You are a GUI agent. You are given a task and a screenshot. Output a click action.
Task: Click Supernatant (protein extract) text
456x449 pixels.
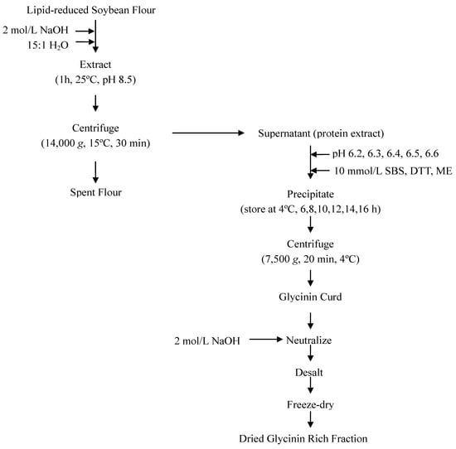[310, 133]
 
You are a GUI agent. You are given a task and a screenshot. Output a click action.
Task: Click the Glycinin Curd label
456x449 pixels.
[310, 293]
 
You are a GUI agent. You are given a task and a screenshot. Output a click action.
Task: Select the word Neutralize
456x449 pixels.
[310, 340]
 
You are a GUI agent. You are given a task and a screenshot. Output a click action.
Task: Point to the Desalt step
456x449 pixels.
[310, 372]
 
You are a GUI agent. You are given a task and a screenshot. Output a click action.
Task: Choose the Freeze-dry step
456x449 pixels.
[310, 404]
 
